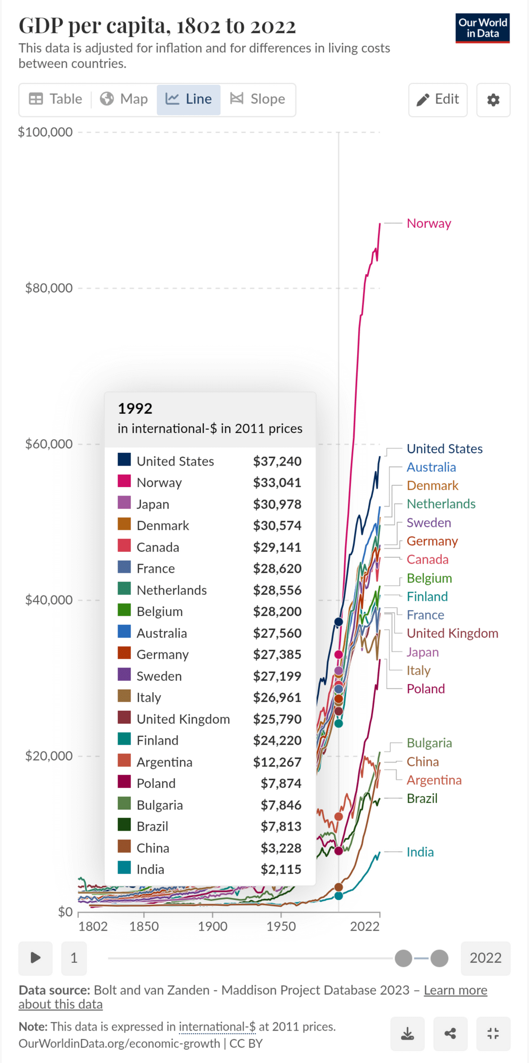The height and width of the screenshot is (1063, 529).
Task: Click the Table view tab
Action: tap(55, 99)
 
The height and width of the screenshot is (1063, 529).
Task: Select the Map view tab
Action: tap(124, 99)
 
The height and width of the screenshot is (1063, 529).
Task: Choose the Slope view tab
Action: tap(258, 99)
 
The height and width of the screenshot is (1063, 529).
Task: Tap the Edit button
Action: tap(438, 99)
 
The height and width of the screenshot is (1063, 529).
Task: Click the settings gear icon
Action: tap(493, 100)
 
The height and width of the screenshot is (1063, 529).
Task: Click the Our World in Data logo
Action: tap(482, 28)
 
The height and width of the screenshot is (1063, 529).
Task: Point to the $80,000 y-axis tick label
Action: tap(49, 288)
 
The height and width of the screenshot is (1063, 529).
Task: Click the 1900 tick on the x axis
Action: tap(213, 926)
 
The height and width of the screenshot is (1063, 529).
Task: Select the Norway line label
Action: tap(429, 223)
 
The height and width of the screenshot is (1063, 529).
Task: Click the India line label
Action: tap(420, 852)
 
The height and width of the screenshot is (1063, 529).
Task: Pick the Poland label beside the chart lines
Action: tap(426, 689)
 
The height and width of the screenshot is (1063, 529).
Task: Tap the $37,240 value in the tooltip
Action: tap(277, 461)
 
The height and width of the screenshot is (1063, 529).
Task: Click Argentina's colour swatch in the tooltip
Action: tap(124, 761)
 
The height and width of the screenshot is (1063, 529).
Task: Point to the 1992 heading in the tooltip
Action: tap(135, 409)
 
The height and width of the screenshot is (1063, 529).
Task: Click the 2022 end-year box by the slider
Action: tap(485, 958)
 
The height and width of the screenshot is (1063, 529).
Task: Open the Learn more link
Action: tap(455, 990)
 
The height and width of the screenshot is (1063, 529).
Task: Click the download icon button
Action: tap(408, 1034)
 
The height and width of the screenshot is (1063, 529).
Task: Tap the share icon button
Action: tap(450, 1034)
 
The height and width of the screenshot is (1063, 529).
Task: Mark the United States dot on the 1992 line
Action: tap(338, 622)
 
